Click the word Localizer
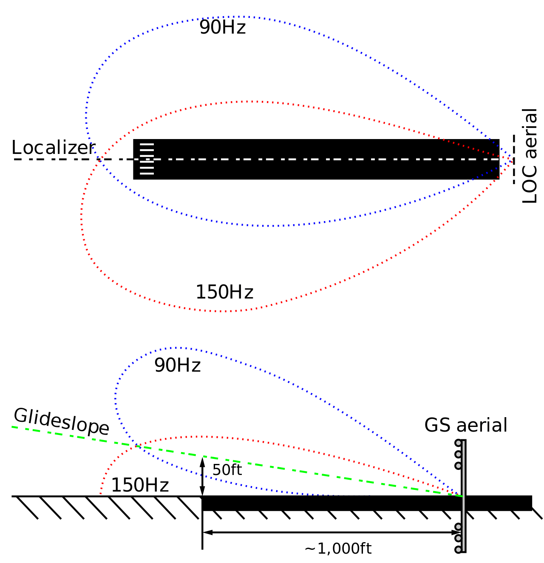pos(53,148)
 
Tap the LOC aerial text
pos(530,156)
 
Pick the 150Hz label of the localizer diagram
pos(224,293)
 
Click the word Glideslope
pos(61,421)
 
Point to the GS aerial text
pos(466,425)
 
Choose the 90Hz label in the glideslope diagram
pos(177,365)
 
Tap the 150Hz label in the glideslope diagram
pos(140,486)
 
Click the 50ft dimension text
pos(227,470)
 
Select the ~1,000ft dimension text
pos(338,549)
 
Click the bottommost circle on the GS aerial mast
pos(458,549)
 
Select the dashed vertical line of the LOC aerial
pos(514,159)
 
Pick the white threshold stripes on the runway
pos(147,159)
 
